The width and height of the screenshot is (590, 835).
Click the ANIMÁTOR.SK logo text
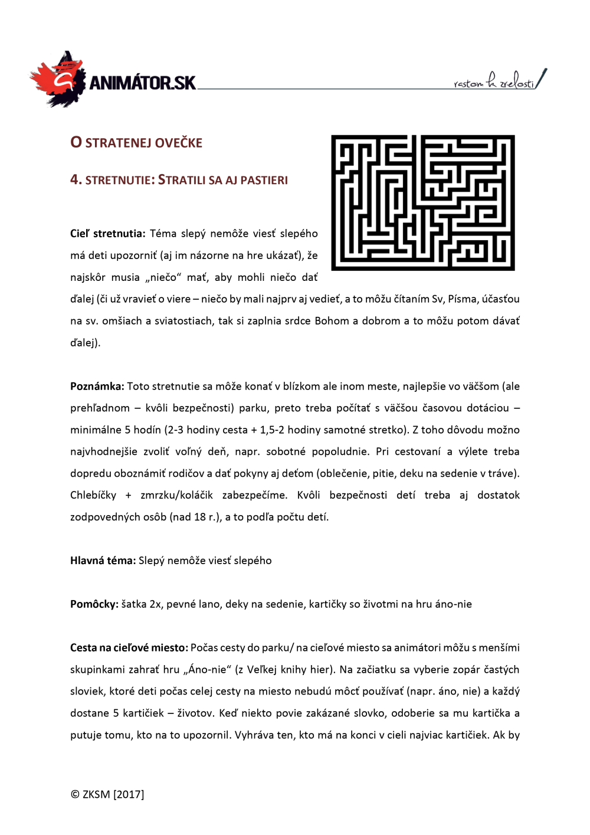(142, 83)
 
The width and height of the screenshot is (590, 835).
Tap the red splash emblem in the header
(56, 80)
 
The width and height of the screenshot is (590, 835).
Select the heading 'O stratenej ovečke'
(136, 143)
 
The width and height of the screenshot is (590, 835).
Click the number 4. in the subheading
(76, 180)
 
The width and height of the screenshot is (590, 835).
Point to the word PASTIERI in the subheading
(264, 181)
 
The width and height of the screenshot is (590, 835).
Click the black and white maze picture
(422, 202)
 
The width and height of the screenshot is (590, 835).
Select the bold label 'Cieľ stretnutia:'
(107, 234)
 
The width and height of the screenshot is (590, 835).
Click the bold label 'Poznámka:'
(97, 387)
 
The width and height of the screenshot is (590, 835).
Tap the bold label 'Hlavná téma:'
(103, 561)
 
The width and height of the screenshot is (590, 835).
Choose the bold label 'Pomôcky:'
(94, 604)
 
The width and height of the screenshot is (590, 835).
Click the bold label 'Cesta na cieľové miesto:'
(129, 648)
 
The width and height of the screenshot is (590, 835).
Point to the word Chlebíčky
(93, 495)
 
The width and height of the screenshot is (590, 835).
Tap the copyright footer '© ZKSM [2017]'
(107, 794)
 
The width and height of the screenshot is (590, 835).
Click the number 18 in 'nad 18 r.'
(199, 517)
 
